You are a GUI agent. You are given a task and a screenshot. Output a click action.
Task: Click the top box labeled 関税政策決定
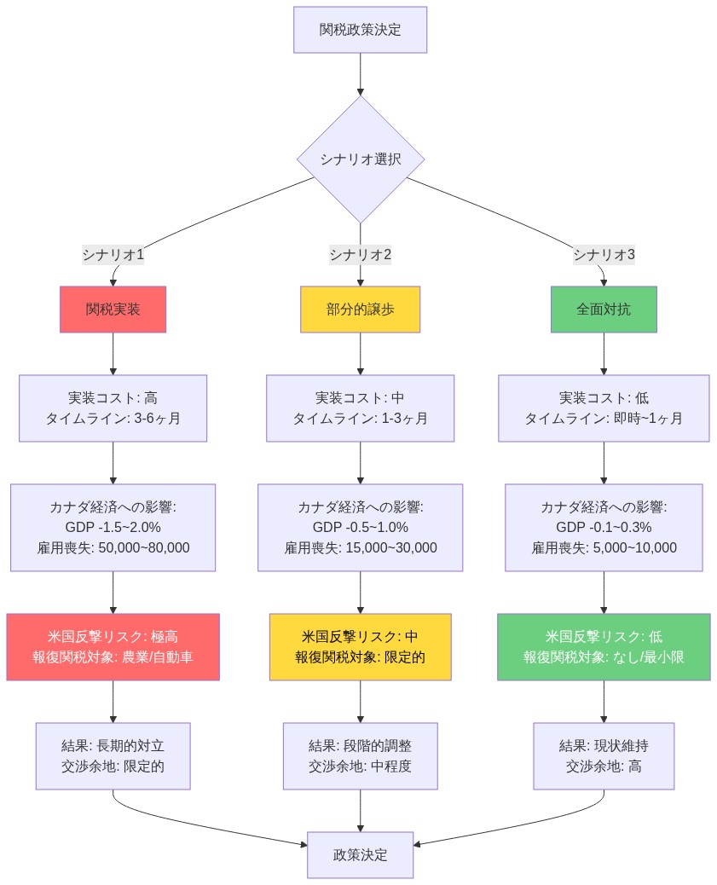[x=360, y=30]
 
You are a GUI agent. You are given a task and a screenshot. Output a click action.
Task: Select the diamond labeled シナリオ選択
[x=360, y=159]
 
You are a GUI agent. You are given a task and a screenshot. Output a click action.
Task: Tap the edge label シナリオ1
[x=113, y=254]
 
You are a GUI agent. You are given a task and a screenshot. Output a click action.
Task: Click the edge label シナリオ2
[x=360, y=254]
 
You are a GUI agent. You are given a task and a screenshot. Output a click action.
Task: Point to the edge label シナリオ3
[x=604, y=254]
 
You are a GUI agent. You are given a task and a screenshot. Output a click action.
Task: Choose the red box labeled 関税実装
[x=113, y=309]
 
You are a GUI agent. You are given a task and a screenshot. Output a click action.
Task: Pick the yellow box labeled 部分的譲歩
[x=360, y=309]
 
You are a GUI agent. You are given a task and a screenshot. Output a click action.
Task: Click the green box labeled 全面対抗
[x=604, y=309]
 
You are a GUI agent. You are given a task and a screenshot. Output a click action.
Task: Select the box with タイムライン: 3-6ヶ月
[x=113, y=408]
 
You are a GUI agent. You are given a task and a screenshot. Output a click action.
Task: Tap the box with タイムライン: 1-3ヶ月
[x=360, y=408]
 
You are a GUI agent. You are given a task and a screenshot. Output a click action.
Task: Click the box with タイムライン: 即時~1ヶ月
[x=604, y=408]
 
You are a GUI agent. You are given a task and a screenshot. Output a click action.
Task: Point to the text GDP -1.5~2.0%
[x=113, y=527]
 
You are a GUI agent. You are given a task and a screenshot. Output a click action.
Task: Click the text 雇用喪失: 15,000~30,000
[x=360, y=547]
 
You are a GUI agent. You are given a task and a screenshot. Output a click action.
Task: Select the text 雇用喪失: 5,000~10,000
[x=604, y=547]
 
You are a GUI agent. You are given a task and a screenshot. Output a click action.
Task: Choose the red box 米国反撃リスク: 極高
[x=113, y=646]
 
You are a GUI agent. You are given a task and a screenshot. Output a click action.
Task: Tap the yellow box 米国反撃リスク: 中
[x=360, y=646]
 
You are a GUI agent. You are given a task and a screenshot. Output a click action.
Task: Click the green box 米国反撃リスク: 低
[x=604, y=646]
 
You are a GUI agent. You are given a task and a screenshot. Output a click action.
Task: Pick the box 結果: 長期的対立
[x=113, y=756]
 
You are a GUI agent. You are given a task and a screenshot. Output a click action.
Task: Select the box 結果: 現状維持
[x=604, y=756]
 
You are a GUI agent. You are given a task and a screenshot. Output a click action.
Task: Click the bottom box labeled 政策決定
[x=360, y=854]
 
